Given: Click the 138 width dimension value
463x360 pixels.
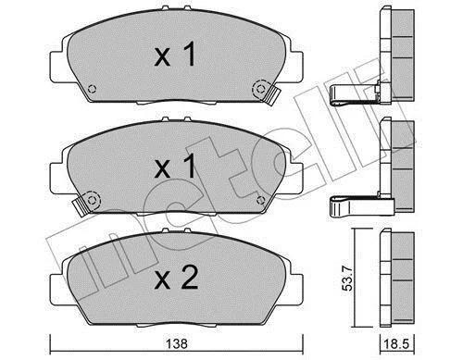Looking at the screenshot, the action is pos(176,343).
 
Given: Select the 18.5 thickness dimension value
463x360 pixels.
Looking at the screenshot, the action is pos(397,343).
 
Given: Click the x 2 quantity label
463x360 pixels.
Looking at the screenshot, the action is pos(176,278).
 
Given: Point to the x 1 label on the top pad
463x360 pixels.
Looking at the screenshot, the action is pos(175,55).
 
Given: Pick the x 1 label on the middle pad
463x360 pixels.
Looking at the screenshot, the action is pos(175,167).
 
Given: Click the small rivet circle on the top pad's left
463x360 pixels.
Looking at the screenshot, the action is pos(92,89).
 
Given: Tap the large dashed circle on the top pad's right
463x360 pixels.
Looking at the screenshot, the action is pos(261,89).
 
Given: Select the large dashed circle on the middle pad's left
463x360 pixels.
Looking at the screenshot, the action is pos(92,201).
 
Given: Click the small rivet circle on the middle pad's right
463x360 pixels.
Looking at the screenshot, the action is pos(261,201).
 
